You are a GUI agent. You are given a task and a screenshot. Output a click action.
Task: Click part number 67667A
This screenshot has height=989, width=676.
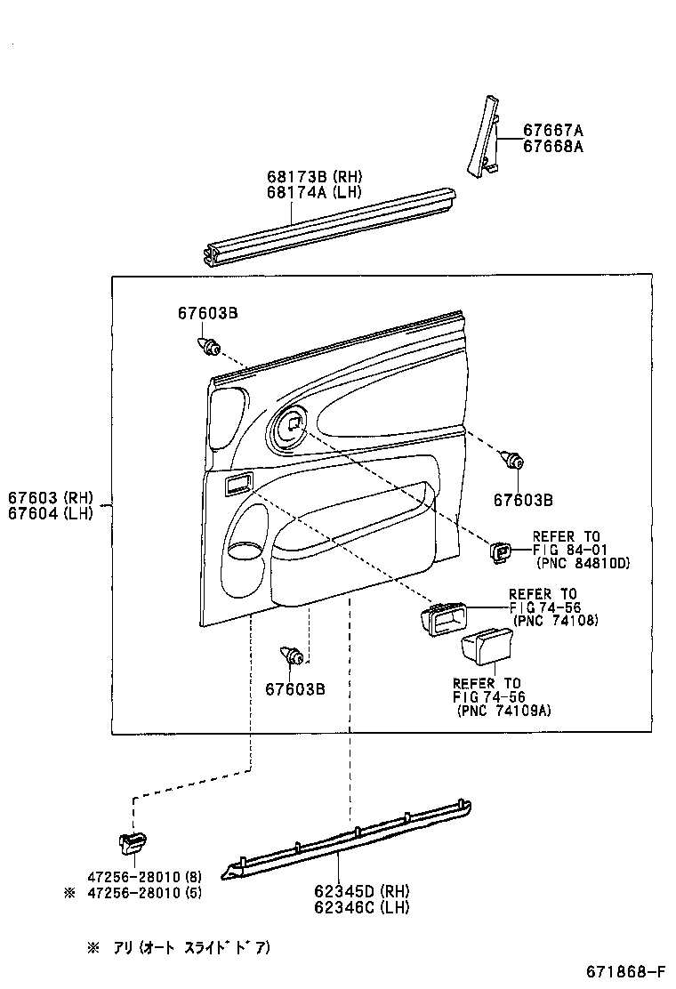tap(552, 130)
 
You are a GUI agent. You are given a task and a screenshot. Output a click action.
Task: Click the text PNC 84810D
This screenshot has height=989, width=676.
tap(583, 563)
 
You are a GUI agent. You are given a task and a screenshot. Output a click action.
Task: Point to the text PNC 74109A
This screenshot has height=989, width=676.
tap(503, 711)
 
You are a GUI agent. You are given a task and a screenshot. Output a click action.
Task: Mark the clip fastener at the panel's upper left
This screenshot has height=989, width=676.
tap(209, 345)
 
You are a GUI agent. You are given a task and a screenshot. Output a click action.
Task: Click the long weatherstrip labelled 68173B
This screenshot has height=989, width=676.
tap(329, 225)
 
